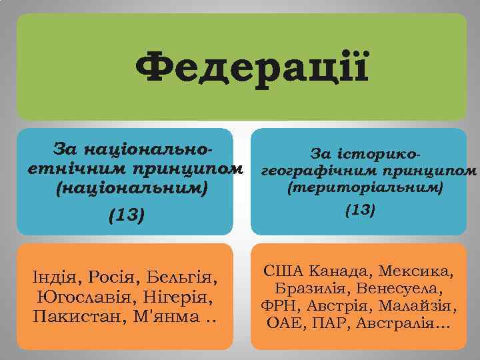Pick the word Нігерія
coord(175,295)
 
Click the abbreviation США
coord(283,271)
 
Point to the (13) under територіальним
coord(361,210)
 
